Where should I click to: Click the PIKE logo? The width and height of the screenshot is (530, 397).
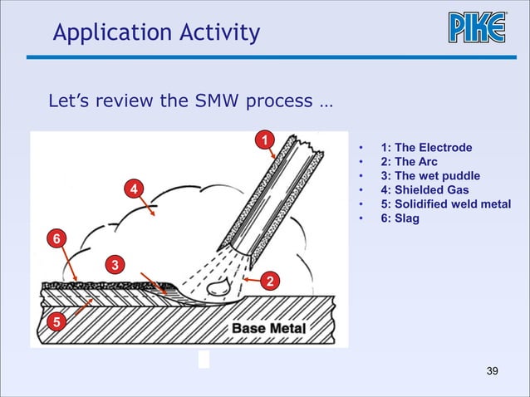tap(478, 28)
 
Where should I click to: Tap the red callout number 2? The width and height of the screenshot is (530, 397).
tap(268, 281)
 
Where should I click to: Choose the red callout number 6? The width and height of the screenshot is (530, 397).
tap(56, 239)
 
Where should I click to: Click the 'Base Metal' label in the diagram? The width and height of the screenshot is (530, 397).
tap(267, 328)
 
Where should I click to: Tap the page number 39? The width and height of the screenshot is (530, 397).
tap(492, 370)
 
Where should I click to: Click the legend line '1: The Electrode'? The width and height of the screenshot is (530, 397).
tap(425, 148)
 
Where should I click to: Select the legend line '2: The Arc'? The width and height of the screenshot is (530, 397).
tap(408, 162)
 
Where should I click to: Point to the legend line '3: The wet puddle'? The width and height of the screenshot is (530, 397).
tap(429, 176)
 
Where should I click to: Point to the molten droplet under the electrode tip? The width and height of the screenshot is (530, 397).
tap(219, 286)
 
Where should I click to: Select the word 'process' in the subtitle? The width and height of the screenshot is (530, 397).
tap(281, 104)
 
